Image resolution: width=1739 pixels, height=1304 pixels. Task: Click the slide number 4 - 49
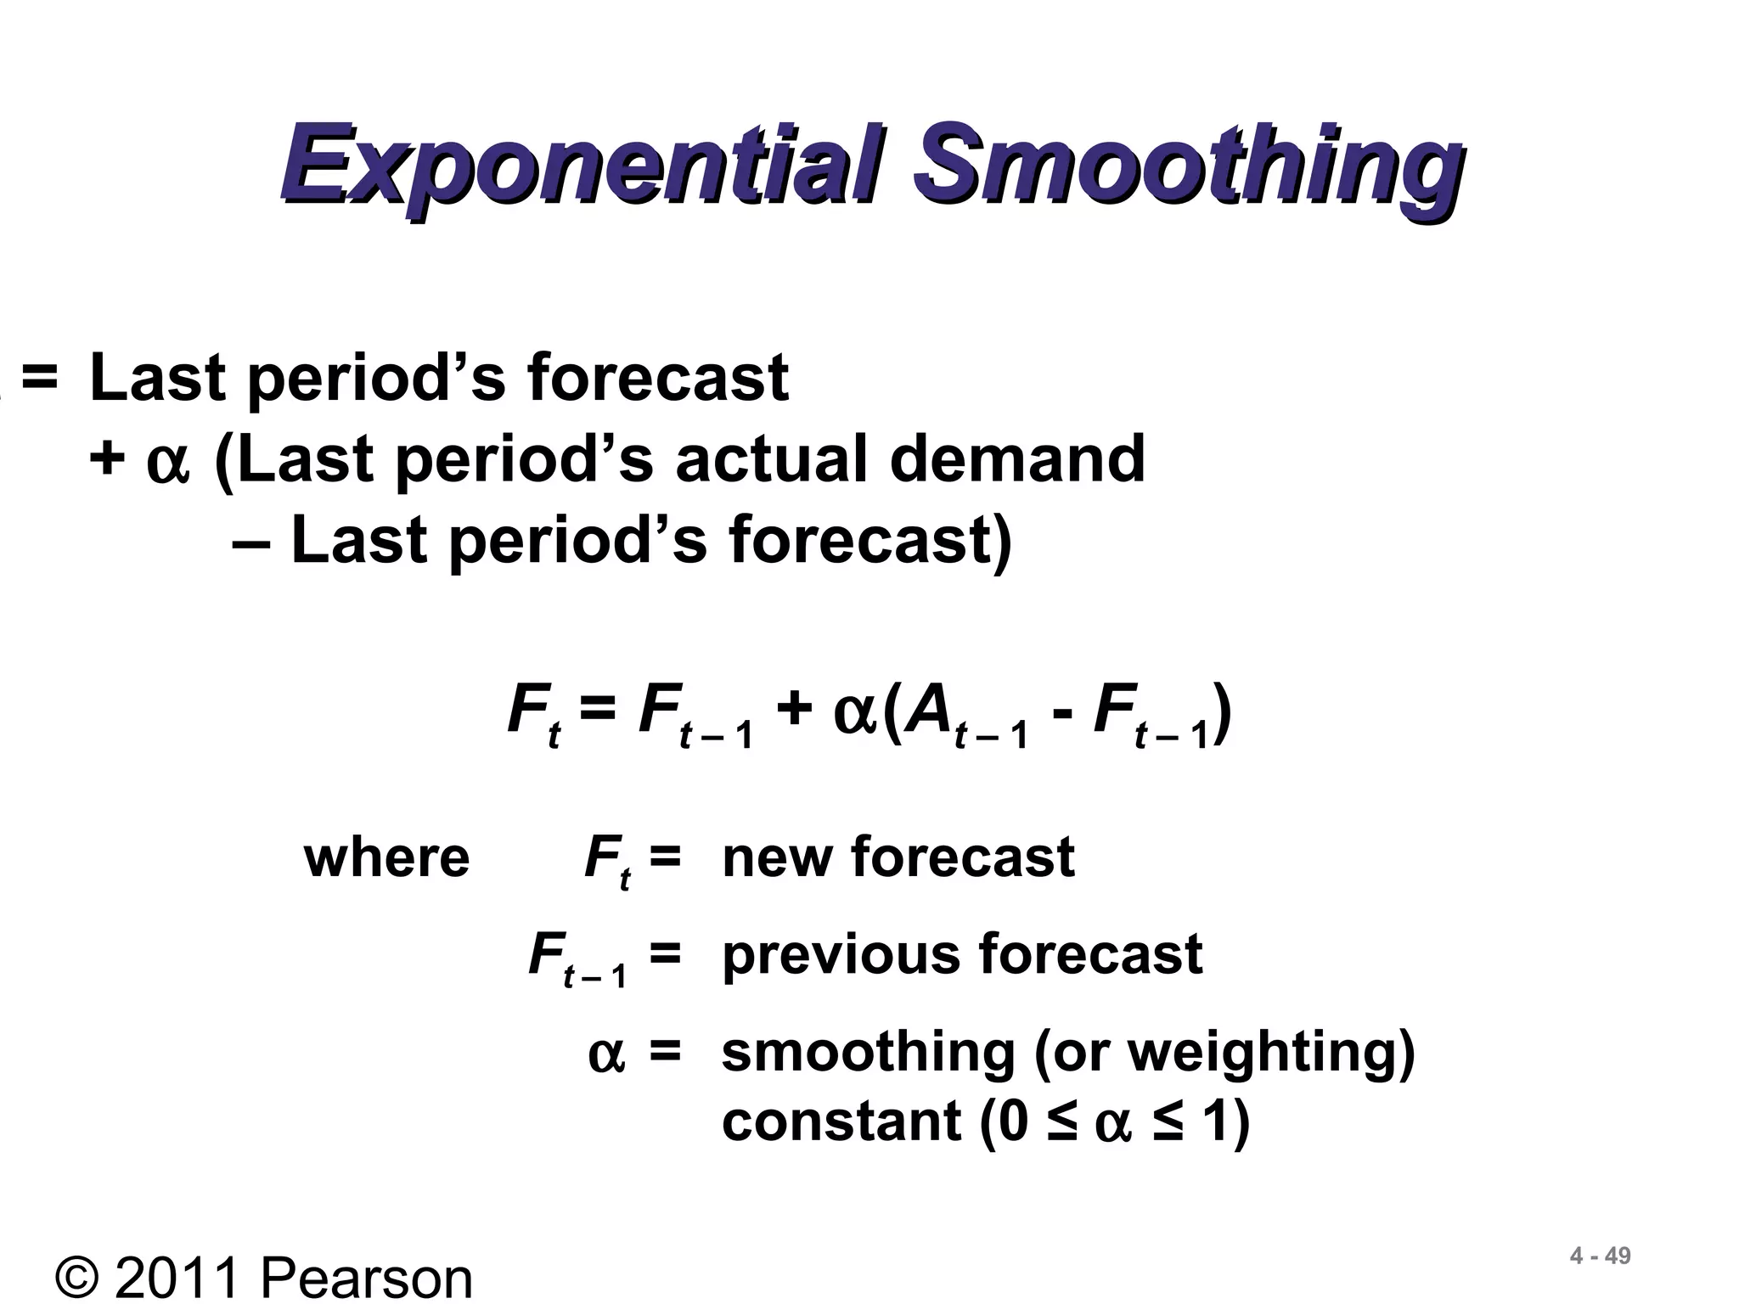(x=1600, y=1256)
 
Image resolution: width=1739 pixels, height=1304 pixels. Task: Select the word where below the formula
(x=386, y=857)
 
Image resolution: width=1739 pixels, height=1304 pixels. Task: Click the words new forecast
(x=898, y=857)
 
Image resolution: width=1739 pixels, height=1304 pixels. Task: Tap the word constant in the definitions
(x=841, y=1121)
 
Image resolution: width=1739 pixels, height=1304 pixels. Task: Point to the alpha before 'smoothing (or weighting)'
(x=606, y=1055)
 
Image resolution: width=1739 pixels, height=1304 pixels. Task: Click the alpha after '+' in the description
(x=167, y=463)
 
